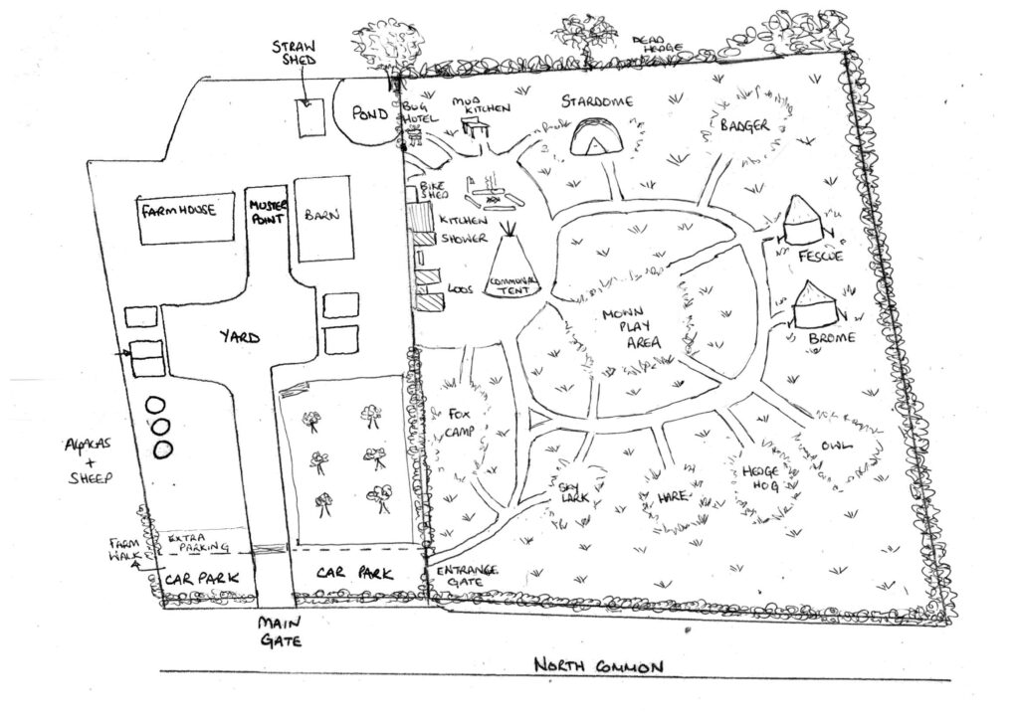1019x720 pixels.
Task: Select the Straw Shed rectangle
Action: pos(309,119)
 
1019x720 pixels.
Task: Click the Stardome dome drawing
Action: pos(595,137)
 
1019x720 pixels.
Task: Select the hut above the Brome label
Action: pos(819,306)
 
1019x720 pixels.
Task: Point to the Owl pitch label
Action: pos(836,447)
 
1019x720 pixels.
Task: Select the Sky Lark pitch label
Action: pos(569,490)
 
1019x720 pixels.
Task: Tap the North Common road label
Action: pos(596,666)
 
